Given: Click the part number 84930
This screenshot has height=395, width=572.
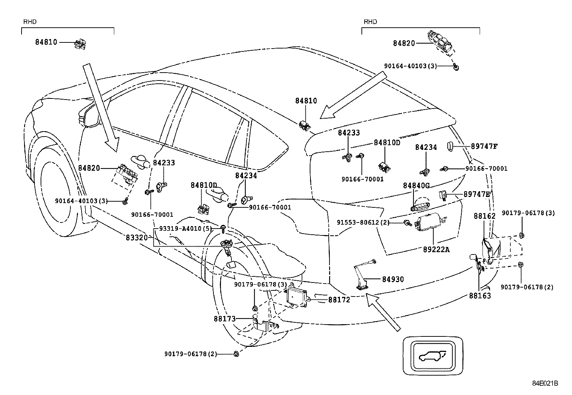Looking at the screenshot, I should [x=393, y=279].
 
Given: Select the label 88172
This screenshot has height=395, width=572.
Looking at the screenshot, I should [x=339, y=299].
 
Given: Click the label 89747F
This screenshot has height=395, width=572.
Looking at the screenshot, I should [x=484, y=146].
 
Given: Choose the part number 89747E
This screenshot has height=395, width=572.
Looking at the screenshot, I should [x=476, y=194].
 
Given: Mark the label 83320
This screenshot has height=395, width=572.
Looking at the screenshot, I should [x=137, y=238].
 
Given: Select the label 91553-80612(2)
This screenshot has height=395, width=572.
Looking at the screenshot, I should [x=363, y=222].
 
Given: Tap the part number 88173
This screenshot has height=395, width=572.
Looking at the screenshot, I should [x=225, y=318].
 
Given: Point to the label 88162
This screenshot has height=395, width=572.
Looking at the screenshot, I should [x=484, y=216].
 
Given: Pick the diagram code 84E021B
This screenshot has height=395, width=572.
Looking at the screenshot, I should [x=545, y=383].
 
